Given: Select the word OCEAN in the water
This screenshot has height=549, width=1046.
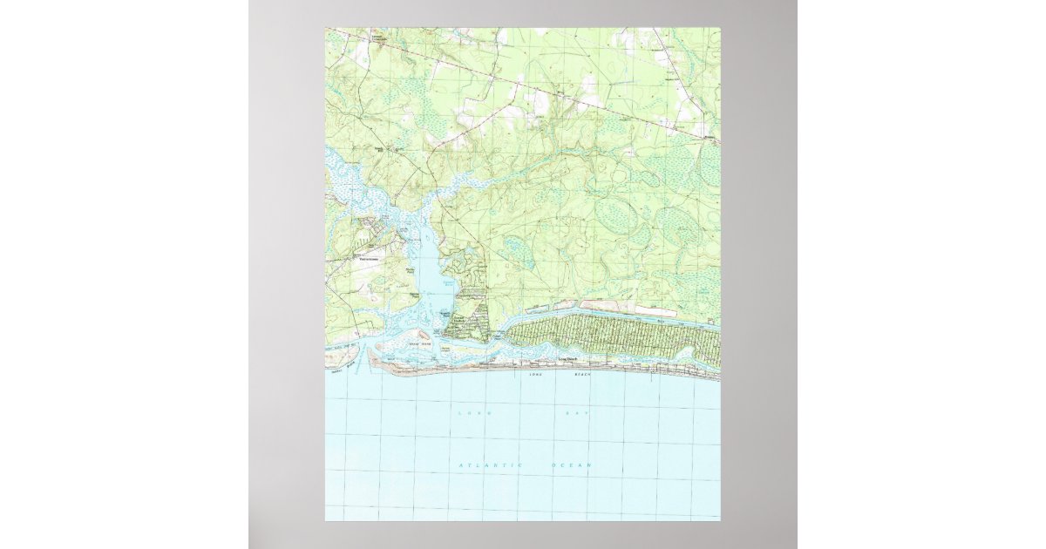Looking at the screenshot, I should pyautogui.click(x=572, y=466).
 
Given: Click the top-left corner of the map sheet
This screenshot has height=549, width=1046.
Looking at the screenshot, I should pyautogui.click(x=326, y=28).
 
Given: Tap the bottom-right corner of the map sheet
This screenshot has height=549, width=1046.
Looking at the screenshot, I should pyautogui.click(x=720, y=520).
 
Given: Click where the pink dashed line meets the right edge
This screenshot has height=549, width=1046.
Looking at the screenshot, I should pyautogui.click(x=719, y=142).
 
